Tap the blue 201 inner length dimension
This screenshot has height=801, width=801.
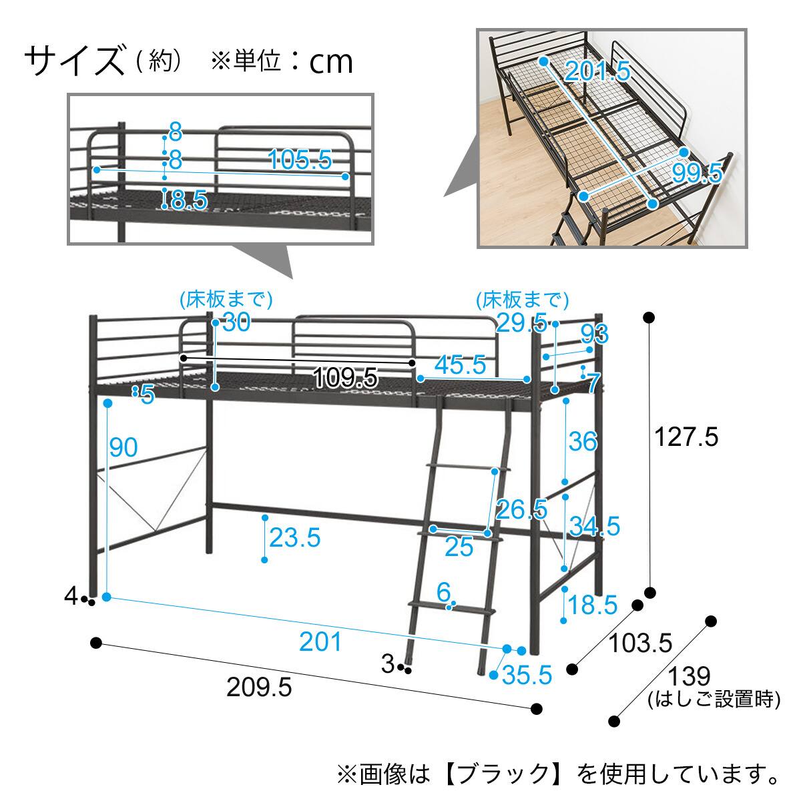[x=320, y=642]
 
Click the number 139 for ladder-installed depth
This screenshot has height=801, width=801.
[x=690, y=676]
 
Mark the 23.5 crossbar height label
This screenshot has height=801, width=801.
[x=295, y=537]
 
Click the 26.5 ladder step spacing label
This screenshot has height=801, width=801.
[x=521, y=509]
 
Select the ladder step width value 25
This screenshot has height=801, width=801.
[x=459, y=547]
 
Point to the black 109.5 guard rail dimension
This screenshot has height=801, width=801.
[x=345, y=378]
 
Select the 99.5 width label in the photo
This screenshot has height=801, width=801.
[x=697, y=174]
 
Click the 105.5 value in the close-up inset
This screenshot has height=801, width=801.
[x=300, y=160]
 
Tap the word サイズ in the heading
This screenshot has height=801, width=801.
[x=74, y=61]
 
